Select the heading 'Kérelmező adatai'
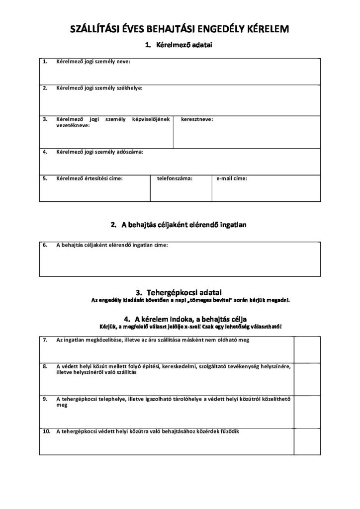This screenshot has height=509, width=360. pos(184,46)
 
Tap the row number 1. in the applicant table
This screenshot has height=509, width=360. pos(45,62)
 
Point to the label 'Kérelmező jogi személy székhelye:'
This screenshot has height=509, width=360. pos(99,88)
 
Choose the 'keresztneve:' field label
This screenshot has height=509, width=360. pos(197,120)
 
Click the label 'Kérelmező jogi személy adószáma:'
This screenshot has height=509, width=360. pos(99,152)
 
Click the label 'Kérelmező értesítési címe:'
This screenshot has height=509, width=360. pos(90,177)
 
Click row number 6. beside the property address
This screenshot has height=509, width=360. pos(45,245)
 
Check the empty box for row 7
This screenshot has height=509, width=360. pos(307,349)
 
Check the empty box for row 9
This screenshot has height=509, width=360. pos(307,411)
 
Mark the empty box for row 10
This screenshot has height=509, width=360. pos(307,441)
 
